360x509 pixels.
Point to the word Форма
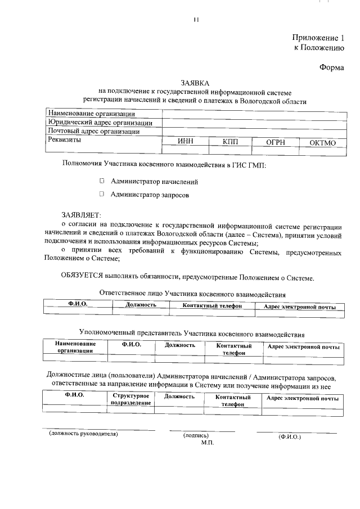(x=331, y=66)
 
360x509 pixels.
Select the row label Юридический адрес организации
(x=100, y=123)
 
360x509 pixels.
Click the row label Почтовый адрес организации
(x=93, y=132)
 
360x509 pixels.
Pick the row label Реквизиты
(x=64, y=141)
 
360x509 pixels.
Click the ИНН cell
(x=185, y=143)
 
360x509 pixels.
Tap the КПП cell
(x=230, y=143)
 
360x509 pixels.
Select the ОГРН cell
(x=276, y=143)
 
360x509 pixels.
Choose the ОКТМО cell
(x=322, y=143)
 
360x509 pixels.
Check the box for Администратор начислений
(x=102, y=181)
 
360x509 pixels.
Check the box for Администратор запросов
(x=102, y=195)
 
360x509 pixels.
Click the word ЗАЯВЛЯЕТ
(x=80, y=215)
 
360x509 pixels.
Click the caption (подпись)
(x=196, y=436)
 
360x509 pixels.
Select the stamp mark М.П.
(x=208, y=443)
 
